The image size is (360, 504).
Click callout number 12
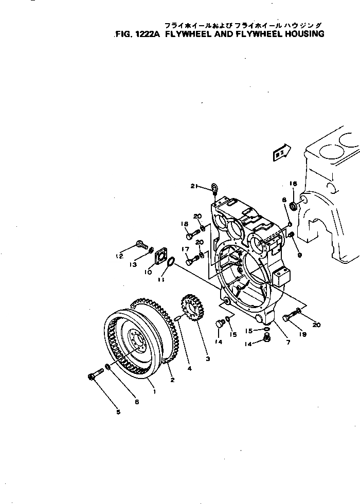click(x=119, y=256)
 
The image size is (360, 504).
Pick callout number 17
click(x=185, y=249)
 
